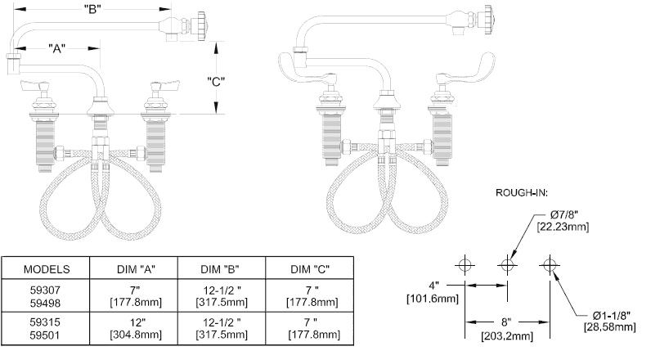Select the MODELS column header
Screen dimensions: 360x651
pyautogui.click(x=46, y=268)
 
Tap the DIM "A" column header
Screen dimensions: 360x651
pyautogui.click(x=135, y=268)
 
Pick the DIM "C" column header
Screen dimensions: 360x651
pyautogui.click(x=311, y=268)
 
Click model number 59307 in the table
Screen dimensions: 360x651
pyautogui.click(x=46, y=290)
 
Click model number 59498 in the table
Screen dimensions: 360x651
pyautogui.click(x=46, y=302)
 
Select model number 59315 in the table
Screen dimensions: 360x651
pyautogui.click(x=46, y=323)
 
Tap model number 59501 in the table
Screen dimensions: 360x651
pyautogui.click(x=46, y=336)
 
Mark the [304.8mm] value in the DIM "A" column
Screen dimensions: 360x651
pyautogui.click(x=135, y=336)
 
